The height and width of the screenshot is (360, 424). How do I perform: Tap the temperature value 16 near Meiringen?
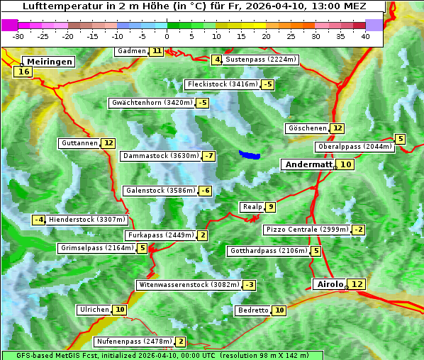click(24, 72)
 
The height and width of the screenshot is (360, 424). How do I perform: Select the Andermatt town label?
click(308, 164)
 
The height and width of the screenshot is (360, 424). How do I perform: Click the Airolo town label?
click(330, 284)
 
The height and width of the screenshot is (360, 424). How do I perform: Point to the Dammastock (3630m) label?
click(160, 156)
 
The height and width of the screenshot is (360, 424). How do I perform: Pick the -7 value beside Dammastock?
click(208, 156)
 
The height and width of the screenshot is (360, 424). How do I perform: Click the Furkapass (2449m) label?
click(160, 235)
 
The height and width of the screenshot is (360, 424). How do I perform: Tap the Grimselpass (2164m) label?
click(96, 248)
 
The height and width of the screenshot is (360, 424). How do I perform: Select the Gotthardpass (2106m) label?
click(268, 251)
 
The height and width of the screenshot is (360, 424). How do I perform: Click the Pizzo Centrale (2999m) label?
click(307, 230)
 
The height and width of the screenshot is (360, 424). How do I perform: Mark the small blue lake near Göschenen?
click(250, 154)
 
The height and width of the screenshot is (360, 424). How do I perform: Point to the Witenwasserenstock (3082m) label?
click(189, 285)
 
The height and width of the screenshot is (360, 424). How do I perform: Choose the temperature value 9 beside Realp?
click(270, 207)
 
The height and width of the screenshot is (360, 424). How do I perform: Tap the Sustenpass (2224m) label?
click(255, 60)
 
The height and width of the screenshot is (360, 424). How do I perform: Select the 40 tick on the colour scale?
click(365, 36)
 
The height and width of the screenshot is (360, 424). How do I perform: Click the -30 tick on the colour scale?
click(18, 36)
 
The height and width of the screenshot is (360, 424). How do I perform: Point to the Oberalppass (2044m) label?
click(355, 147)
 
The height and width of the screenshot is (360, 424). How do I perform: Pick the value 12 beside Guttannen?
click(108, 143)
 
